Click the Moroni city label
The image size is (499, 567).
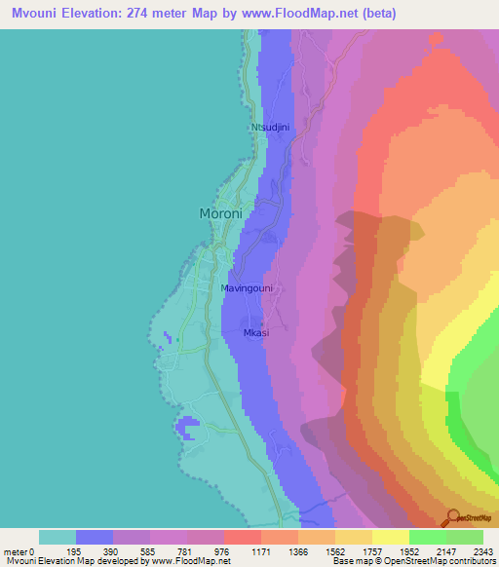pos(220,213)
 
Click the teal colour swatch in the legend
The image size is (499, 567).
pos(58,537)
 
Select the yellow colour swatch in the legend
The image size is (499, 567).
pos(391,537)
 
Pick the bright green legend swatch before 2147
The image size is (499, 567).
pos(428,537)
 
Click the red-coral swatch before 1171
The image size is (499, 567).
pos(243,537)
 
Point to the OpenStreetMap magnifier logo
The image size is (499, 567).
pos(452,518)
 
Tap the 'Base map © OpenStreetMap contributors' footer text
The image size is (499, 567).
pos(411,561)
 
